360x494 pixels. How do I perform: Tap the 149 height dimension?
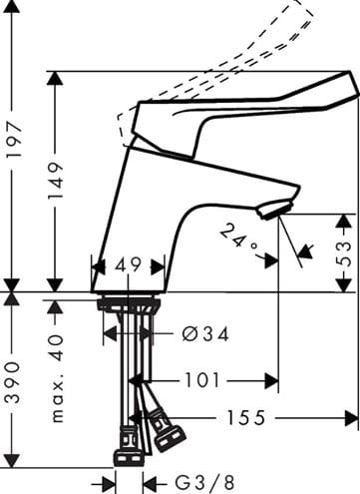pyautogui.click(x=55, y=181)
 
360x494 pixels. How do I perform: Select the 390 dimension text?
pyautogui.click(x=13, y=382)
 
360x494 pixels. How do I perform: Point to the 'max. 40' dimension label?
pyautogui.click(x=58, y=378)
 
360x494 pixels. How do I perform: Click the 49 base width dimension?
pyautogui.click(x=128, y=265)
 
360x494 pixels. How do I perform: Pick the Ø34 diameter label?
pyautogui.click(x=205, y=333)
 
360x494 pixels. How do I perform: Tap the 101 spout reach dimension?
pyautogui.click(x=202, y=380)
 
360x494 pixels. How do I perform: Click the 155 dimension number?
pyautogui.click(x=246, y=418)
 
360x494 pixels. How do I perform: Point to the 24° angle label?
pyautogui.click(x=238, y=239)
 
